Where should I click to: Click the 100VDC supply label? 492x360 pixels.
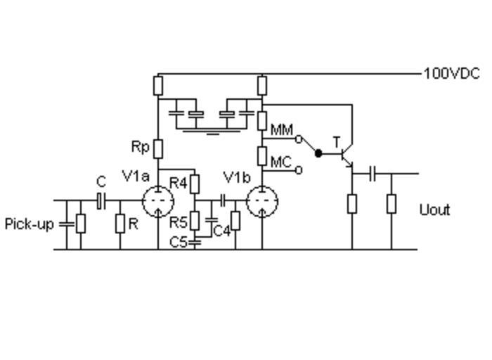[x=451, y=73]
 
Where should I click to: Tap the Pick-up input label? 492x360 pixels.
[x=29, y=224]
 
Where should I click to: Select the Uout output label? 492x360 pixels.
[x=434, y=210]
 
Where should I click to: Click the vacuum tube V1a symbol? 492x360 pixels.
[x=157, y=202]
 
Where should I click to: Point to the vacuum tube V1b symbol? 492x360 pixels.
[x=262, y=202]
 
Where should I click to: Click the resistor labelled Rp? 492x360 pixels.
[x=158, y=149]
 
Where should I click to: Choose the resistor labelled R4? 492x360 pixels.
[x=195, y=184]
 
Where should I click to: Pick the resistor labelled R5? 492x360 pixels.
[x=195, y=223]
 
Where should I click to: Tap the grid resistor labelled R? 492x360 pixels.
[x=120, y=224]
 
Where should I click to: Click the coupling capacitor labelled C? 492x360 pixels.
[x=101, y=202]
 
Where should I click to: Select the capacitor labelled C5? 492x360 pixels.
[x=195, y=242]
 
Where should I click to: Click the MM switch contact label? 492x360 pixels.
[x=282, y=130]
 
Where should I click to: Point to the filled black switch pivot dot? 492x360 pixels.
[x=318, y=153]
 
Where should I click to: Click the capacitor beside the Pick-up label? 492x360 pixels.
[x=67, y=224]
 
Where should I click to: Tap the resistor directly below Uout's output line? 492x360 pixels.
[x=391, y=204]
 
